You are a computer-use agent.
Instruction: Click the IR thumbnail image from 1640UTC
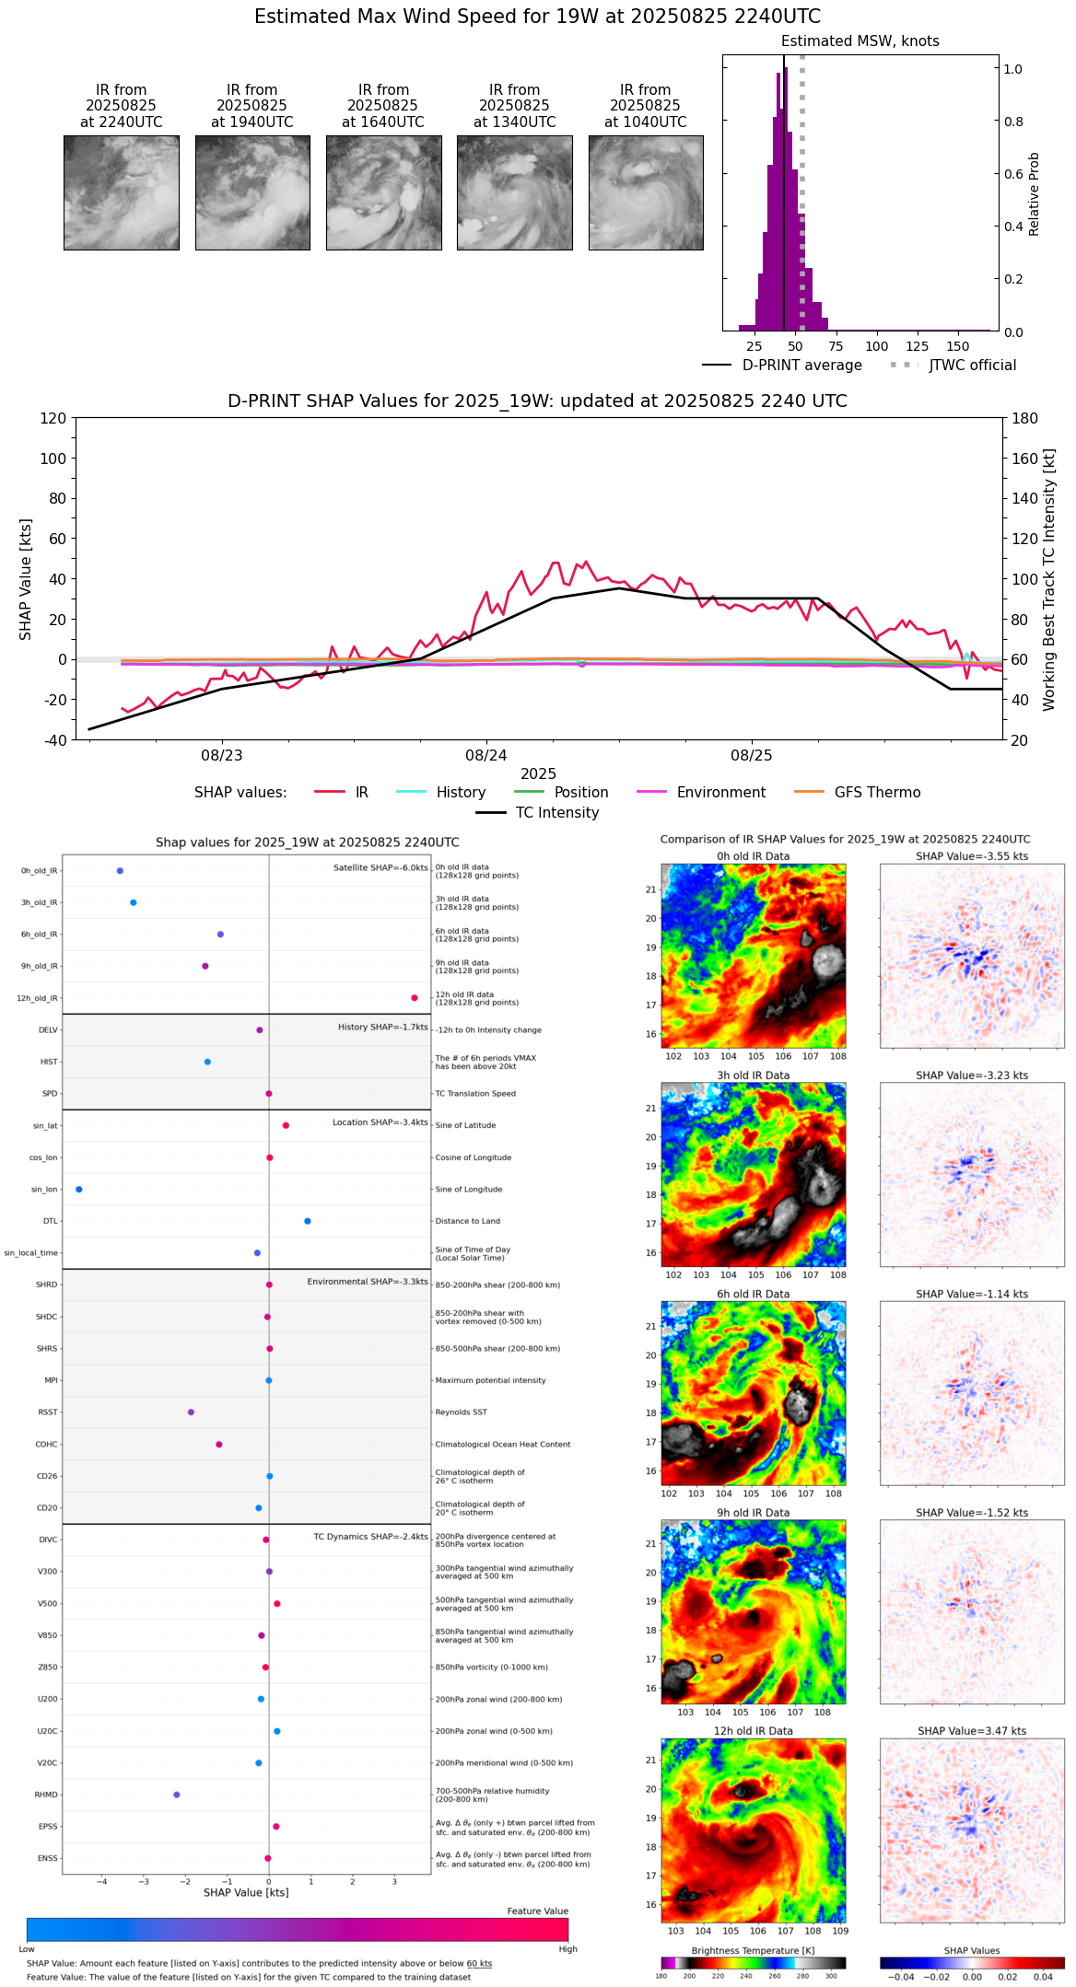coord(383,192)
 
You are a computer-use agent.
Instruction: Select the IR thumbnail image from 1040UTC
coord(646,192)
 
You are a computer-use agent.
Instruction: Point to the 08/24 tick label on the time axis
coord(486,756)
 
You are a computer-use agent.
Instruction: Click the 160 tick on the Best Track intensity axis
coord(1026,459)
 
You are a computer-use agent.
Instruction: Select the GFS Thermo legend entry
coord(877,793)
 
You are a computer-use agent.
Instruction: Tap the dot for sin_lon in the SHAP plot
coord(79,1190)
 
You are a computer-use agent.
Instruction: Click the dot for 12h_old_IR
coord(415,998)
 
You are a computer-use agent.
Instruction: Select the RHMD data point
coord(177,1795)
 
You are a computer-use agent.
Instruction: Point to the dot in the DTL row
coord(308,1221)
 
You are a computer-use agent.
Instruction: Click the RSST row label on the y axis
coord(48,1412)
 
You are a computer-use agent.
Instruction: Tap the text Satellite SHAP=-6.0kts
coord(380,868)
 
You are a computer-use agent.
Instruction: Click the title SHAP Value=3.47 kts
coord(972,1731)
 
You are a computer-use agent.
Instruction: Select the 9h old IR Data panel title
coord(753,1513)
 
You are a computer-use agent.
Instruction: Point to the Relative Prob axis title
coord(1035,193)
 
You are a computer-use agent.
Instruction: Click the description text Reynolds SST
coord(461,1412)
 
